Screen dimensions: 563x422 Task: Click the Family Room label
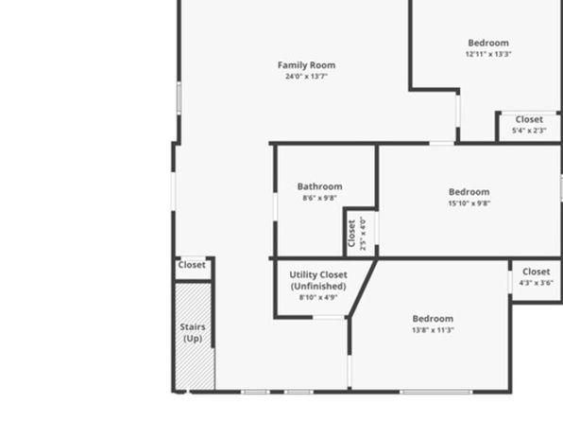(306, 65)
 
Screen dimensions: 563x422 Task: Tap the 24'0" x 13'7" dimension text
(306, 77)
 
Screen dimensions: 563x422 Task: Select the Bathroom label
(319, 186)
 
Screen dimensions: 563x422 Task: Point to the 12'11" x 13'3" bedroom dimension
(488, 54)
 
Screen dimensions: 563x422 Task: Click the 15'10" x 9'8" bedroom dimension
(469, 202)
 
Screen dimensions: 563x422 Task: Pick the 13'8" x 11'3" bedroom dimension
(433, 330)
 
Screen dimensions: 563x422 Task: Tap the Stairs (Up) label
(193, 333)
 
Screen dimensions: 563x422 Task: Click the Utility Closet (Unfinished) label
(318, 280)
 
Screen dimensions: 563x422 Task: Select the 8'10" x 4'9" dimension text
(318, 297)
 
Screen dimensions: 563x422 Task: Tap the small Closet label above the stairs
(192, 265)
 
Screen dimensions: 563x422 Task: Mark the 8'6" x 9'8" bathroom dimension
(319, 198)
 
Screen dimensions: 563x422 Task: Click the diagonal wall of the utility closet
(363, 288)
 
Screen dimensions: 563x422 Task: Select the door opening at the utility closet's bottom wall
(329, 317)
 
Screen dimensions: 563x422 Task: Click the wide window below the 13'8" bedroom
(436, 392)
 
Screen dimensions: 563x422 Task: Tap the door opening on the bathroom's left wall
(276, 207)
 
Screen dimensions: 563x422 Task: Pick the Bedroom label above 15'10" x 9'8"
(469, 192)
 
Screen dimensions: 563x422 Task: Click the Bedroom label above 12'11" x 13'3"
(488, 43)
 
